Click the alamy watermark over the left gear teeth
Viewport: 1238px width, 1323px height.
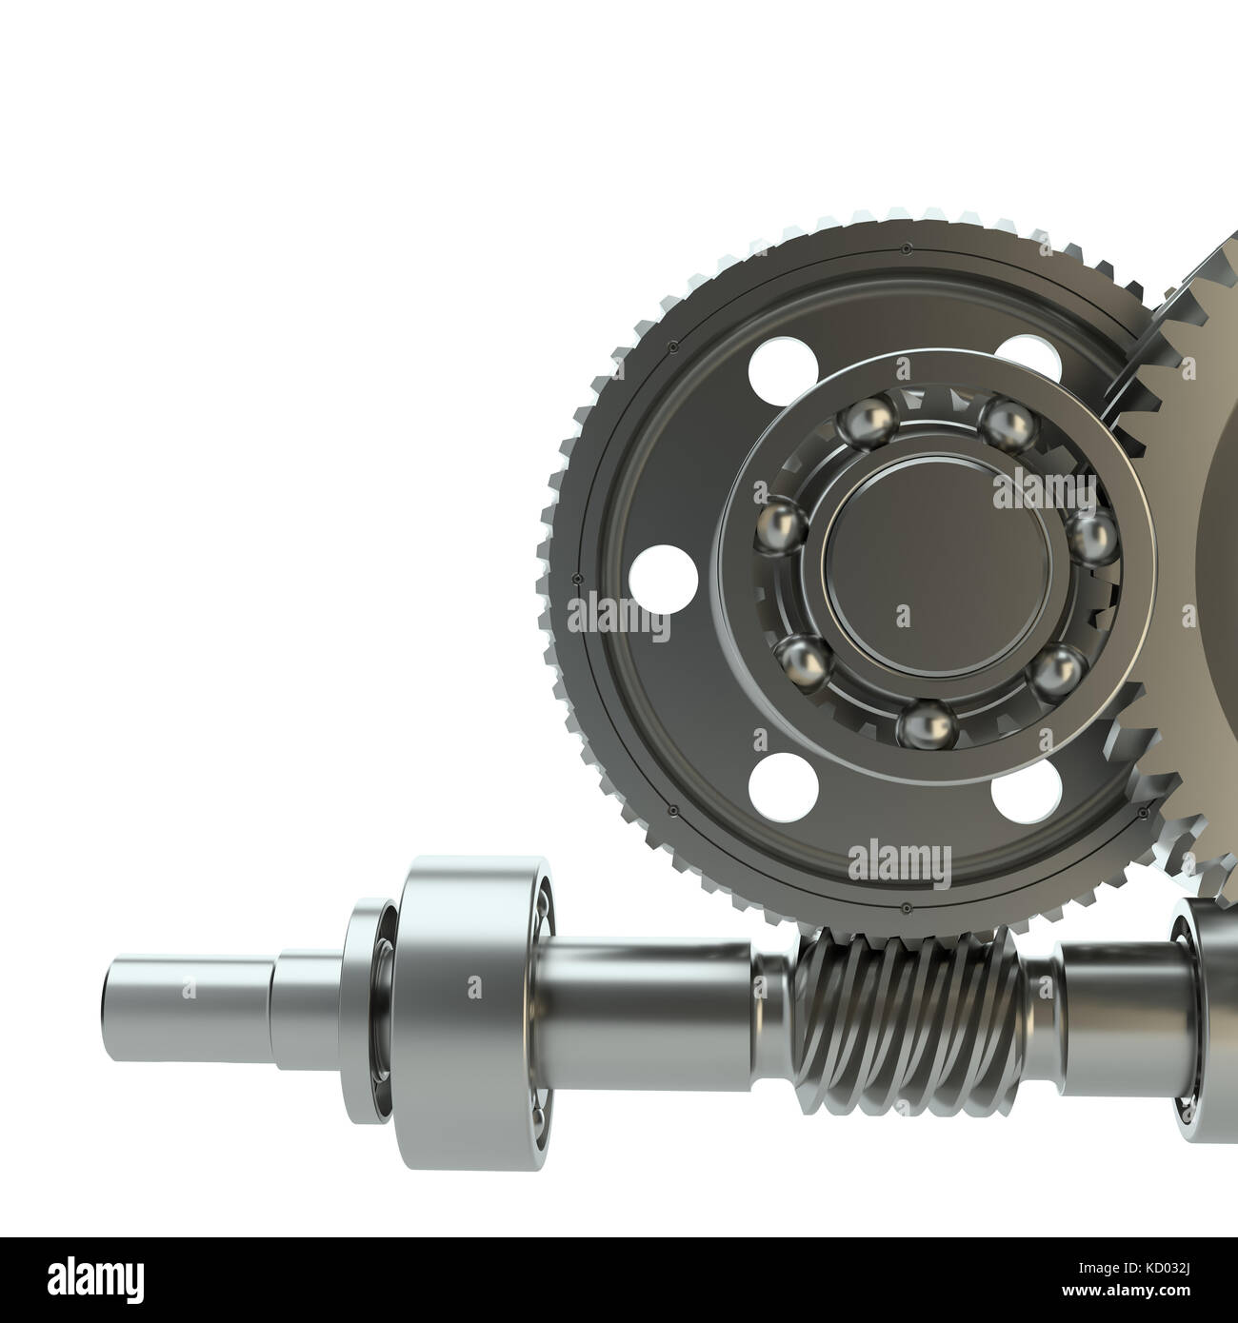tap(619, 619)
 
